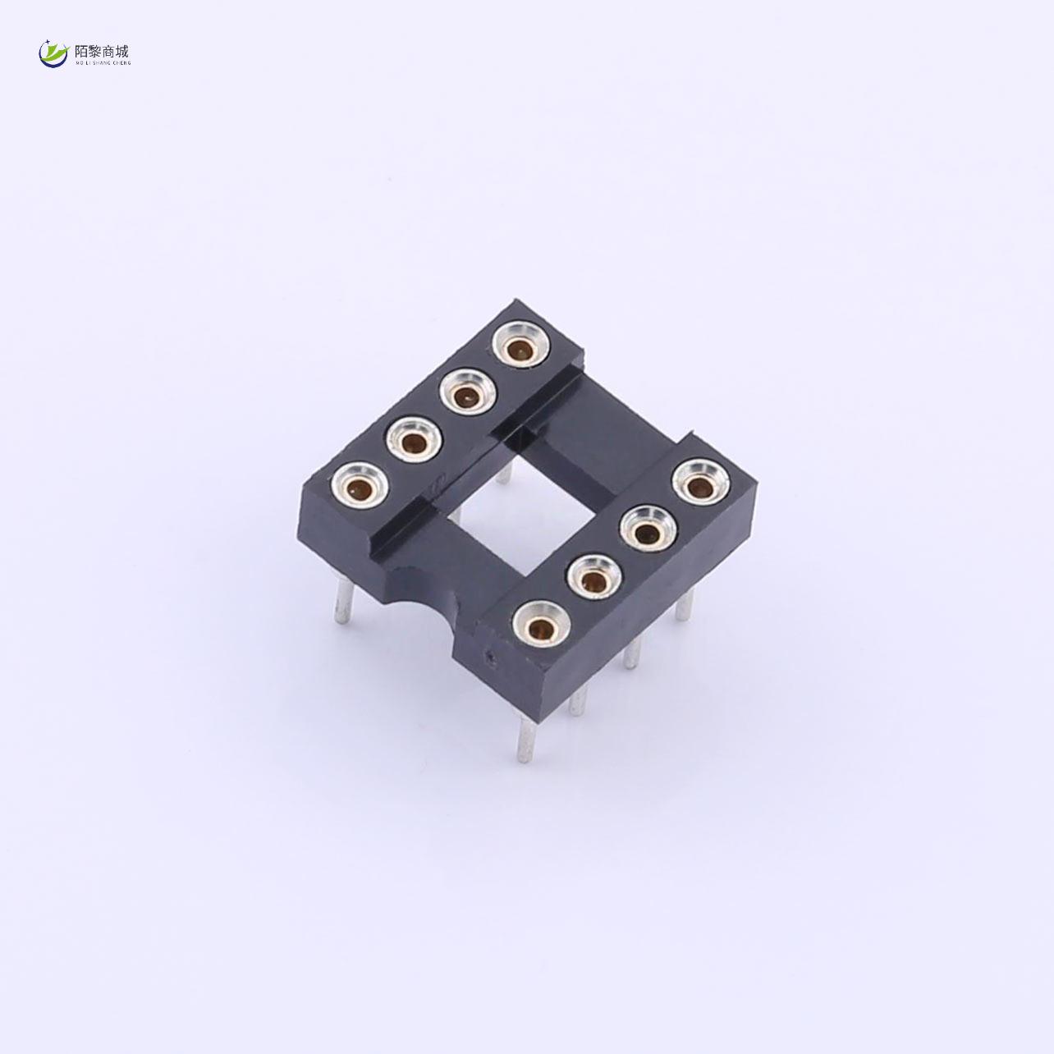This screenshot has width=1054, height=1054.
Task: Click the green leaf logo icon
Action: tap(54, 54)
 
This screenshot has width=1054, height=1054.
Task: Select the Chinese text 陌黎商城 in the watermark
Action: tap(102, 51)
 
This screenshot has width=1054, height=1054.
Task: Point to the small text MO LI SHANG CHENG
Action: tap(102, 62)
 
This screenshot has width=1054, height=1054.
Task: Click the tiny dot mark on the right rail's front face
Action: tap(491, 657)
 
